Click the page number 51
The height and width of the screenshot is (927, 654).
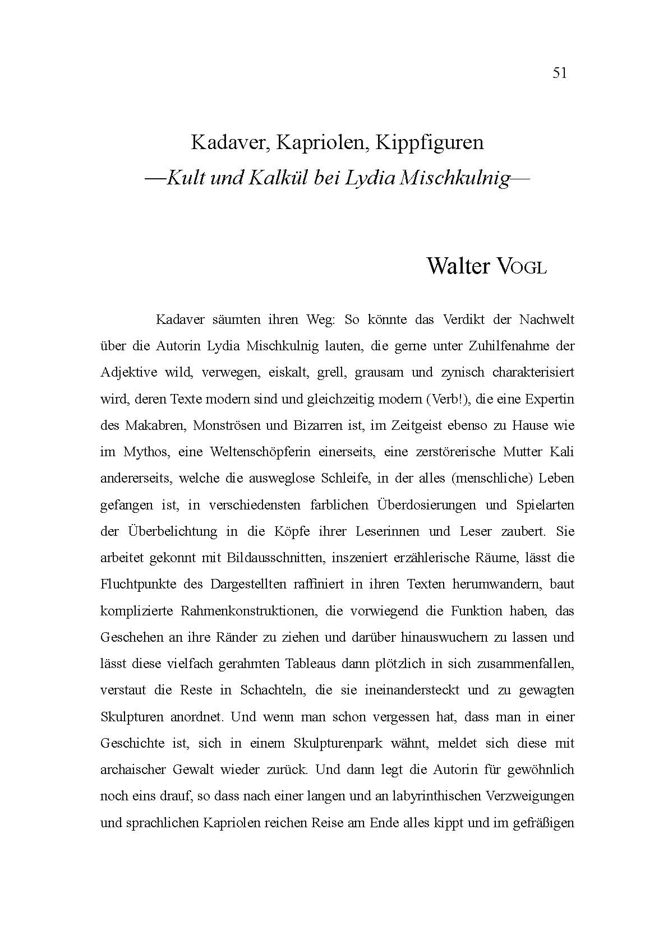pyautogui.click(x=560, y=73)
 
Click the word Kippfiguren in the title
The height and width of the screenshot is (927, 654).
pyautogui.click(x=429, y=142)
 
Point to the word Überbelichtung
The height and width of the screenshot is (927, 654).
pyautogui.click(x=172, y=531)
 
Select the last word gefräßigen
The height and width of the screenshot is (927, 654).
pyautogui.click(x=542, y=823)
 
